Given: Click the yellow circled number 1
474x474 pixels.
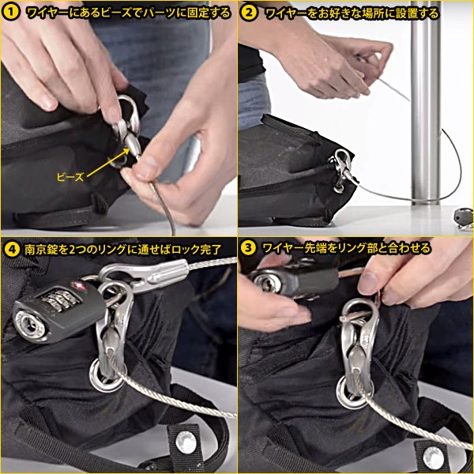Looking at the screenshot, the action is pyautogui.click(x=11, y=13).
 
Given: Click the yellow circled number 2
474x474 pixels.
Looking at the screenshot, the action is pyautogui.click(x=250, y=13).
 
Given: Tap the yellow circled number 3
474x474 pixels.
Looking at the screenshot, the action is pyautogui.click(x=249, y=248).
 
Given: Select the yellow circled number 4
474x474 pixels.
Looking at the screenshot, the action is pyautogui.click(x=12, y=250).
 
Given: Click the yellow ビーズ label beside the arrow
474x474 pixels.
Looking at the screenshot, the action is pyautogui.click(x=70, y=177).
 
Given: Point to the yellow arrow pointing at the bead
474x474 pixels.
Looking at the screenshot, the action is pyautogui.click(x=107, y=162).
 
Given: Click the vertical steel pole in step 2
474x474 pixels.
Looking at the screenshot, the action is pyautogui.click(x=425, y=103).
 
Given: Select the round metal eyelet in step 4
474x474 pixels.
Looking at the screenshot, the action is pyautogui.click(x=104, y=375).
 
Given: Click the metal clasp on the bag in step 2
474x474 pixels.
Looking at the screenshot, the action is pyautogui.click(x=340, y=169).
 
